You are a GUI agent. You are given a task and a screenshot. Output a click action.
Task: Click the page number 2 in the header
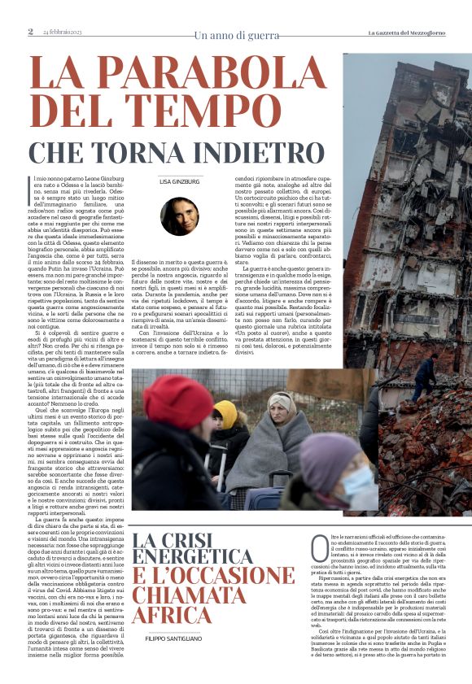click(30, 32)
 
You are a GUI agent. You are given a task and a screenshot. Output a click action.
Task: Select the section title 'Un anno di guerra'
click(236, 34)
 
